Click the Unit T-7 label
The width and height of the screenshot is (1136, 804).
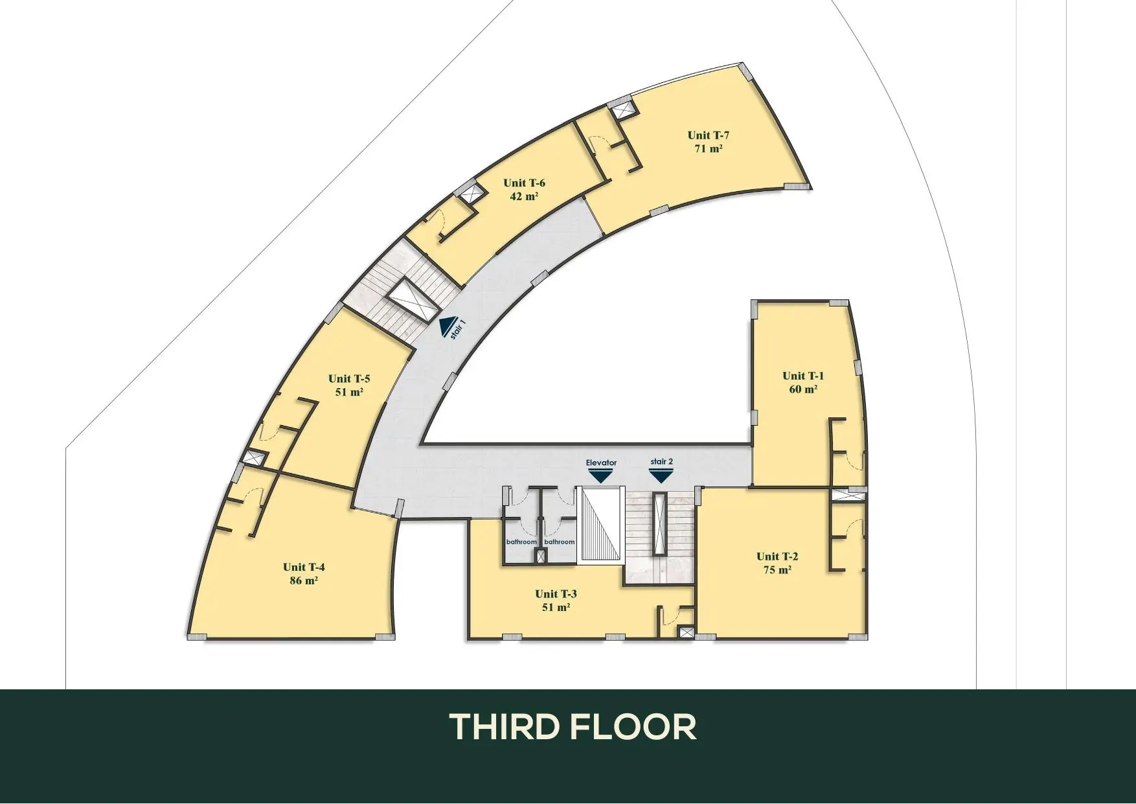[x=709, y=135]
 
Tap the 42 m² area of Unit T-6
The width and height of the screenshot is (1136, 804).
[x=525, y=196]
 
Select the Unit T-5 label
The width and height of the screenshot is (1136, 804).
[x=349, y=379]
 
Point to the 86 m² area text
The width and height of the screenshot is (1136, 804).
[x=303, y=580]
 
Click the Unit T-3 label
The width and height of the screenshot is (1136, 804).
[x=556, y=594]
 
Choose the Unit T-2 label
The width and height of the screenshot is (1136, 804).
[x=777, y=557]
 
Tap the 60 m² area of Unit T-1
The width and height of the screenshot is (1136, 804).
[x=803, y=389]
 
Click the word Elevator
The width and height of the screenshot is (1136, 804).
[x=601, y=463]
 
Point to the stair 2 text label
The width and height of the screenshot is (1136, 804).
[x=662, y=462]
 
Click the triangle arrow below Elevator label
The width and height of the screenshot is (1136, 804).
[x=601, y=476]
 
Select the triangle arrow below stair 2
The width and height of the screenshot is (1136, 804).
[x=661, y=476]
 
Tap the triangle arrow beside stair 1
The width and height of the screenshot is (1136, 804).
[x=446, y=328]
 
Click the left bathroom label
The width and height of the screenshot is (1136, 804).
[x=521, y=542]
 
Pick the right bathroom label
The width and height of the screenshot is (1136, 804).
[x=560, y=542]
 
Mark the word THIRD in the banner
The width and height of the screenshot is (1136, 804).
[x=504, y=727]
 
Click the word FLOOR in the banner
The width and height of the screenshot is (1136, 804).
[x=634, y=727]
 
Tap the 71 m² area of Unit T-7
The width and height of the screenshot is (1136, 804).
[x=709, y=148]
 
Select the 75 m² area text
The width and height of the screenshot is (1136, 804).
[x=777, y=570]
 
